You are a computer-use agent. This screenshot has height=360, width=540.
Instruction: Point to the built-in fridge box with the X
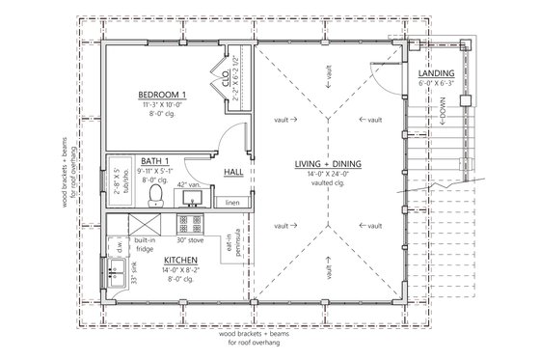click(x=118, y=224)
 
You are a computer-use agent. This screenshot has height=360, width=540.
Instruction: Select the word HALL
click(x=233, y=172)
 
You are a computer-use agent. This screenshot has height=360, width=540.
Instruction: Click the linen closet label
click(x=231, y=204)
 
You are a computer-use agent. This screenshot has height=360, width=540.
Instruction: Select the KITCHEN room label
click(x=156, y=263)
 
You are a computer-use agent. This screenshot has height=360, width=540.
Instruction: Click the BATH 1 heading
click(x=154, y=161)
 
